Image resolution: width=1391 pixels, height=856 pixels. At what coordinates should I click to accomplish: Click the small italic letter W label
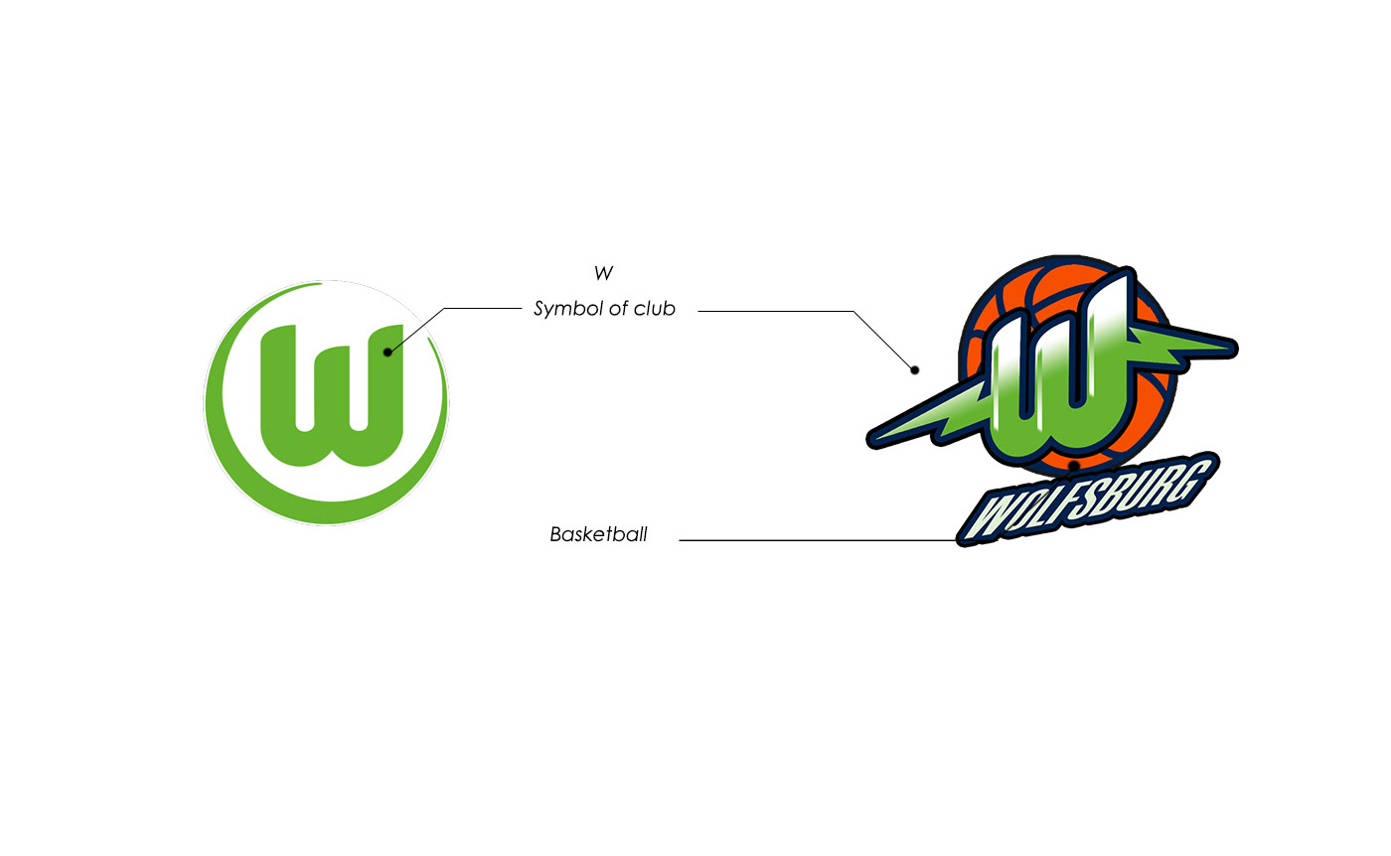[603, 273]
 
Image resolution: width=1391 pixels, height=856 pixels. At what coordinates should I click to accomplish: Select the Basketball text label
[598, 535]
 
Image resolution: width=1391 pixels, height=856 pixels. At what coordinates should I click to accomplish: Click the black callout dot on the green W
[387, 352]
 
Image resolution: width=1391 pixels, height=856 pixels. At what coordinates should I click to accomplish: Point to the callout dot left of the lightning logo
[915, 370]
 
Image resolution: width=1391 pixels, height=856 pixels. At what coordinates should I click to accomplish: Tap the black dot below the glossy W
[1074, 465]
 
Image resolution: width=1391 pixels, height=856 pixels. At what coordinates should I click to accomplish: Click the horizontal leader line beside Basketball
[815, 540]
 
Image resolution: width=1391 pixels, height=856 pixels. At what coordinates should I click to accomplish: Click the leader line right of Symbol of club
[775, 311]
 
